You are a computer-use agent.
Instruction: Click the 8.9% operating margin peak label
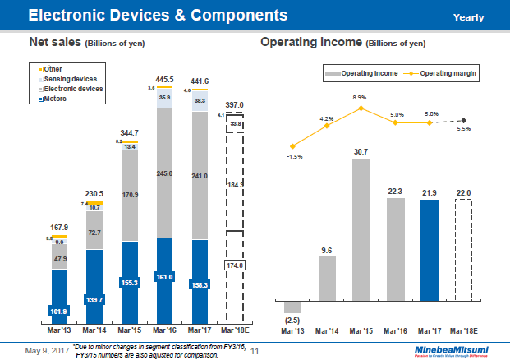click(359, 98)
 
